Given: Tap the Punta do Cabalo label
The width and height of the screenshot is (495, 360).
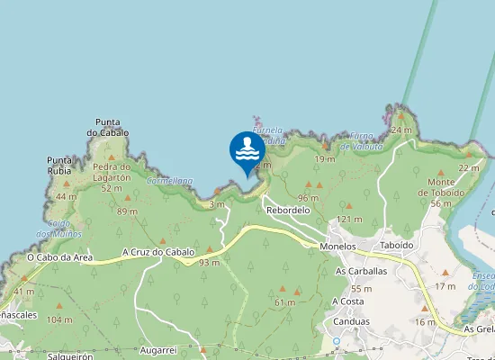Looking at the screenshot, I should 108,128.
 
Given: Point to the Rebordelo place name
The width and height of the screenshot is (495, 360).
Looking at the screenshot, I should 287,210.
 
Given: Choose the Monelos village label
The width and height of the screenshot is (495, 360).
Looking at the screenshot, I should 337,246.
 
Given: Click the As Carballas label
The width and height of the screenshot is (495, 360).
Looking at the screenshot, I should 360,270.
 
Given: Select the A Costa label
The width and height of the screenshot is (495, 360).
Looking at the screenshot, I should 347,301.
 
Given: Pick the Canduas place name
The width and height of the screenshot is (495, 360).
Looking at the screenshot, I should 350,321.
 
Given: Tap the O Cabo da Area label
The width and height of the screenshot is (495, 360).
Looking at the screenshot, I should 59,257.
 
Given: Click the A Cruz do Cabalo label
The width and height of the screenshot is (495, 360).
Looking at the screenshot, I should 158,252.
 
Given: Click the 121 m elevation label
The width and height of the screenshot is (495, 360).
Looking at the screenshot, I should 349,219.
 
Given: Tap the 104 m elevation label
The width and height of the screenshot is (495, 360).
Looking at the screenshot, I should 59,319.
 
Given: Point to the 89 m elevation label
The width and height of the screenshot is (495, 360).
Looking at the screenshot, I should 127,211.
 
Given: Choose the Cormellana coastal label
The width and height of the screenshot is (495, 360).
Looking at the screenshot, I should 169,180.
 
